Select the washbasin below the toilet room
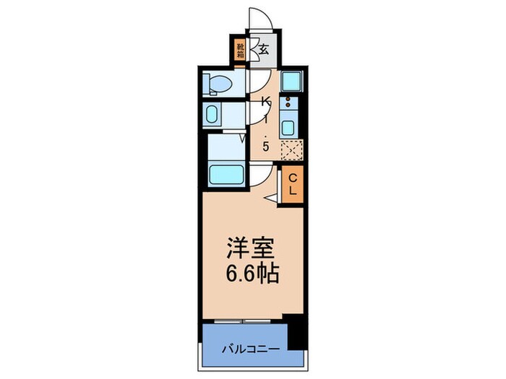[213, 114]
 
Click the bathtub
[226, 174]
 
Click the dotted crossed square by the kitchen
[291, 150]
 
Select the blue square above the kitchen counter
[291, 80]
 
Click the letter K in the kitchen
[265, 100]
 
